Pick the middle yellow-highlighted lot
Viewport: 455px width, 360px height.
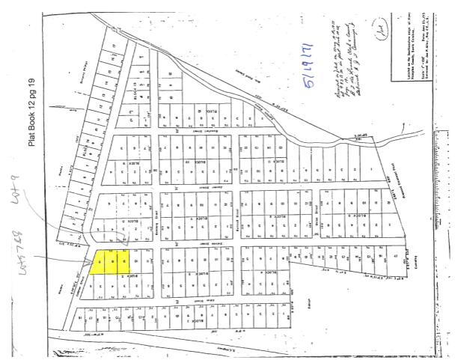click(112, 263)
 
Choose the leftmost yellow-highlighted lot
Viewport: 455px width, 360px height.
click(100, 263)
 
